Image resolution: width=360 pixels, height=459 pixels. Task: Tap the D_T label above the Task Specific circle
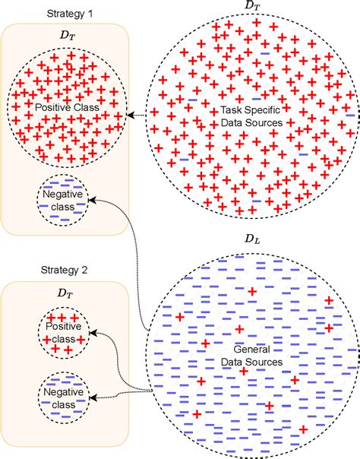[251, 6]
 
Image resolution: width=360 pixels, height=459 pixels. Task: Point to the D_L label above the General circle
[251, 241]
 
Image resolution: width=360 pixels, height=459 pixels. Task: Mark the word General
[245, 351]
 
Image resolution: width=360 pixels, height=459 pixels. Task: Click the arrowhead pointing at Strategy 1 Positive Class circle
[126, 116]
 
